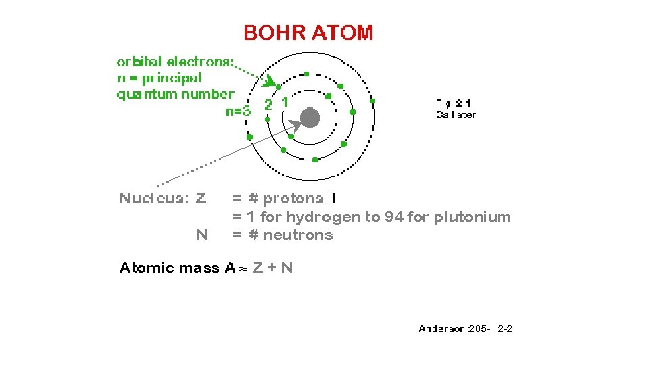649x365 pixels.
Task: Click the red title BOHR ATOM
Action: pos(308,32)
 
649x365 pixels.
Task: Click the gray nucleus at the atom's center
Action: pos(310,118)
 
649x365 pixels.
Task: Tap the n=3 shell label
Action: pos(238,112)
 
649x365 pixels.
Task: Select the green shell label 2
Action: pos(268,105)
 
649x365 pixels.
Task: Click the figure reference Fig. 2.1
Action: pos(453,103)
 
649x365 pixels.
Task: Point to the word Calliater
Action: pos(456,114)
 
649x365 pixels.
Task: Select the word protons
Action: pos(293,199)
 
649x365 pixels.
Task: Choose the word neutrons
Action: pos(297,235)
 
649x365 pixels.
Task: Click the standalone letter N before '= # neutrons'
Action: pos(201,235)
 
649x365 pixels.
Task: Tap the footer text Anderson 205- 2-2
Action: pos(466,329)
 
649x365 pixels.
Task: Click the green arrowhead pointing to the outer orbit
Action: pos(271,82)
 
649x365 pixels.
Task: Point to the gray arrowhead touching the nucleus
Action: pos(294,124)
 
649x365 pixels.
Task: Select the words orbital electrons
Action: pos(175,62)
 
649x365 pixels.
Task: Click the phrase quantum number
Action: pos(175,94)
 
